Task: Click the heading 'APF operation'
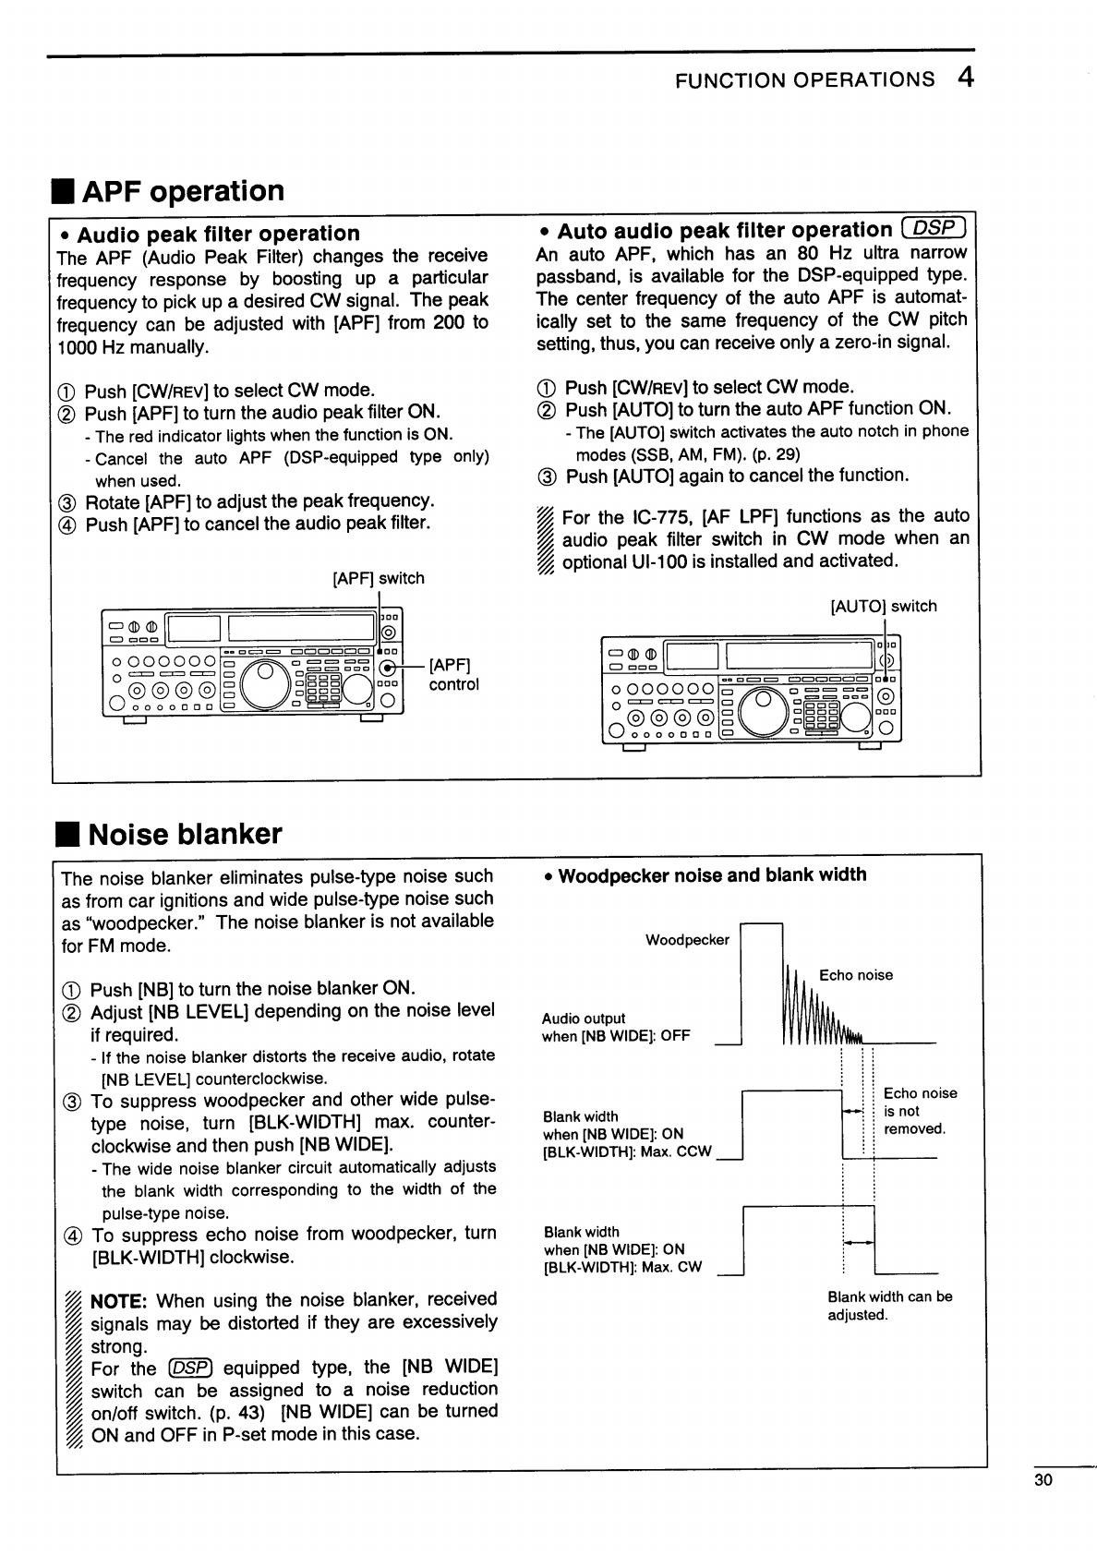(183, 191)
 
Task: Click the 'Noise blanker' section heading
(185, 834)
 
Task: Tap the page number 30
(1043, 1480)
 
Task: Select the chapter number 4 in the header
(965, 78)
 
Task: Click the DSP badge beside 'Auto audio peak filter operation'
(934, 230)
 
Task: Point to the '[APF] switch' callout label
(379, 579)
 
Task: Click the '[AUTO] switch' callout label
(884, 607)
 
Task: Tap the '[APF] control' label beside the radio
(452, 675)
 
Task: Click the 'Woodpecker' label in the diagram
(687, 940)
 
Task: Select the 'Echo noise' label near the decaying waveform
(856, 975)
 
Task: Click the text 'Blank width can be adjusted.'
(889, 1306)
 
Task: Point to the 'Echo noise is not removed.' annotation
(920, 1111)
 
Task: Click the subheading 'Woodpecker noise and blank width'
(712, 875)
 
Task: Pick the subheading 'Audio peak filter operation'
(218, 234)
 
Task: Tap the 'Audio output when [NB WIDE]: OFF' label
(616, 1027)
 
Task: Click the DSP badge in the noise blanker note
(191, 1368)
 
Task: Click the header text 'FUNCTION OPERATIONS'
(804, 80)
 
